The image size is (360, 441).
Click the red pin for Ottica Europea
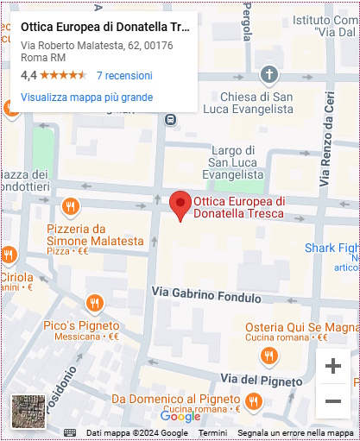[180, 205]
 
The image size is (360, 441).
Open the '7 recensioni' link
[124, 75]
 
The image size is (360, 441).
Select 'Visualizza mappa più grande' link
[86, 98]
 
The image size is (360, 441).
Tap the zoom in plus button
[333, 366]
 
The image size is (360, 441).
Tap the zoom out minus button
[333, 400]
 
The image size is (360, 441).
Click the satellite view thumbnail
[28, 411]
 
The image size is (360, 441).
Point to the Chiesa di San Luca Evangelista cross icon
[268, 74]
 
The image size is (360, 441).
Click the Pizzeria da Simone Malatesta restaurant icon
[71, 206]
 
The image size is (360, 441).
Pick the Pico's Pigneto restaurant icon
[94, 303]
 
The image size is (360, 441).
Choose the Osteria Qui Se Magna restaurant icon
[270, 355]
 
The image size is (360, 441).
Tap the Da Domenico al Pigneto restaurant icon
[253, 400]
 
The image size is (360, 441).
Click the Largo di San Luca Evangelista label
[237, 161]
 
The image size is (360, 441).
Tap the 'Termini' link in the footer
[212, 432]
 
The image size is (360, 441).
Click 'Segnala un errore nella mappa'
[295, 432]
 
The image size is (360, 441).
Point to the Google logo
[180, 417]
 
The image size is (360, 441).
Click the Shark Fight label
[332, 249]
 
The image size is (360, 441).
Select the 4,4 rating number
[28, 75]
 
